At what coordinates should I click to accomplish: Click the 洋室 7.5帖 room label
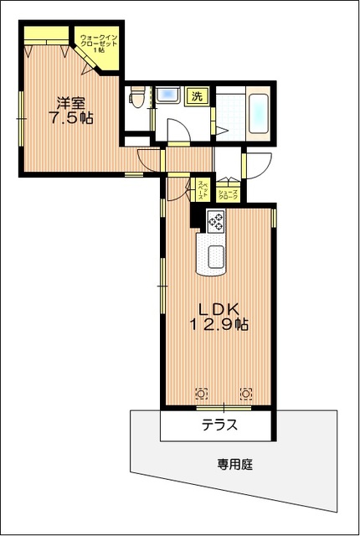69,111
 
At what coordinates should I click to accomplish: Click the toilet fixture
138,98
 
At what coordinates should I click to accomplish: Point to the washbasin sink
169,93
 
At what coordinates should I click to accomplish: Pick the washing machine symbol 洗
197,95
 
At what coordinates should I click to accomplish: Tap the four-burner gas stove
215,221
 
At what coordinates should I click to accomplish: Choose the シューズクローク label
229,195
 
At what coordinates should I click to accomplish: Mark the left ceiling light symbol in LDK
201,392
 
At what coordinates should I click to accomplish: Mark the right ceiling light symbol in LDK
246,392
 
